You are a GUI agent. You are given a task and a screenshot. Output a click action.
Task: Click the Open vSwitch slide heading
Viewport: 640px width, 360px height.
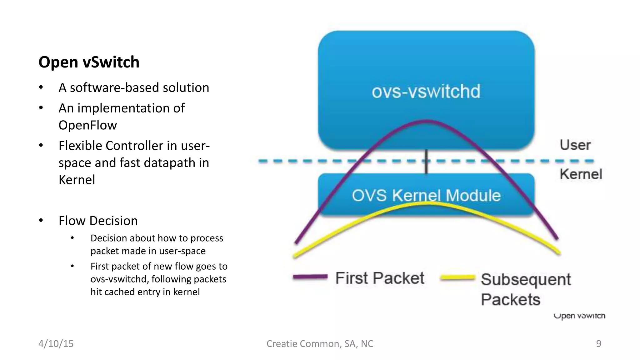pos(89,62)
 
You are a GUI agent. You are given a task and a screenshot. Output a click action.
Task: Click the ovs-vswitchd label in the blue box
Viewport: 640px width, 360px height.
pos(426,92)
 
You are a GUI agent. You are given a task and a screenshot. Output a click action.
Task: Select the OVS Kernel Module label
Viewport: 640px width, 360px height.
pos(426,195)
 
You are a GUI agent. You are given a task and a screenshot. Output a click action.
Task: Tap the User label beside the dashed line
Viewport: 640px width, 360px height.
pos(575,145)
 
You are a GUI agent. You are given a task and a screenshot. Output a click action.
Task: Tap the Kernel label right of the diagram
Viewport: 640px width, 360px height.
pos(580,174)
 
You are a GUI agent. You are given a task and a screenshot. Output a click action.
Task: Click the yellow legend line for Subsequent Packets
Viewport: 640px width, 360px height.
pos(457,277)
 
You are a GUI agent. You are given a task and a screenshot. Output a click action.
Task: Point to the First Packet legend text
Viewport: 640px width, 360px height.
pos(379,278)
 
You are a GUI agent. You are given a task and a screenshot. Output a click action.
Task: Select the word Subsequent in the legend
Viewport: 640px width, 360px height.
pos(526,280)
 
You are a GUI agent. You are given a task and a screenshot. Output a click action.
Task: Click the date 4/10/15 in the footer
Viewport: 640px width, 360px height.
pos(56,343)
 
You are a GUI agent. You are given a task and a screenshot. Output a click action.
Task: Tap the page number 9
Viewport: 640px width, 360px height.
pos(598,343)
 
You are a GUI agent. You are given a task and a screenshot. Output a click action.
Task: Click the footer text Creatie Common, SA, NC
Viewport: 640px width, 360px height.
pos(320,343)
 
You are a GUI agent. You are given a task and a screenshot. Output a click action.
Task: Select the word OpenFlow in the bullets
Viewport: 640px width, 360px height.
pos(87,125)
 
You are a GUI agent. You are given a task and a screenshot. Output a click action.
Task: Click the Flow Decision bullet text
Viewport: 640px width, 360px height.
pos(98,221)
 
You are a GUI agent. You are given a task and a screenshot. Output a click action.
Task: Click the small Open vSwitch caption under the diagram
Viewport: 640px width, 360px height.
pos(579,316)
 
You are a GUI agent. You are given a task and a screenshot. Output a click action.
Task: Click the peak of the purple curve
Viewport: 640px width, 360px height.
pos(427,121)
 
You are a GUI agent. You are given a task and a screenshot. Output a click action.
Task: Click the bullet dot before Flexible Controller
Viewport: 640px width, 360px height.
pos(41,145)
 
